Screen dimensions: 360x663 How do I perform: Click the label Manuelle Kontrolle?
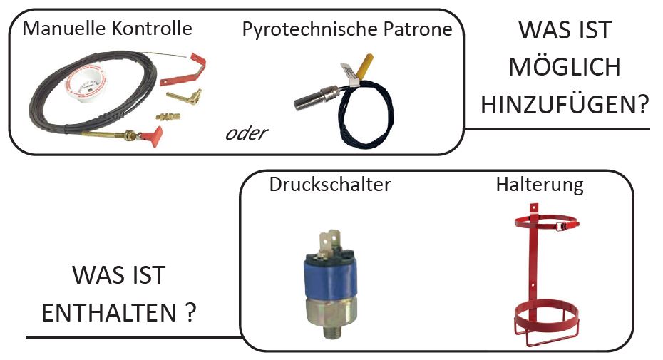(x=107, y=29)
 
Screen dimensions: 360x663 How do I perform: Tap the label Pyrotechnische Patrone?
(x=347, y=29)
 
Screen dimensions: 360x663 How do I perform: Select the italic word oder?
(x=246, y=133)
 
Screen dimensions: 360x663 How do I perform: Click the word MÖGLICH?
(x=564, y=68)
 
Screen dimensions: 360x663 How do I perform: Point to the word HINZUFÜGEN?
(x=564, y=105)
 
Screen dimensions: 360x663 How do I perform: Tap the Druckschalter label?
(x=330, y=185)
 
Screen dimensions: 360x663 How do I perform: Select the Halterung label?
(x=540, y=185)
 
